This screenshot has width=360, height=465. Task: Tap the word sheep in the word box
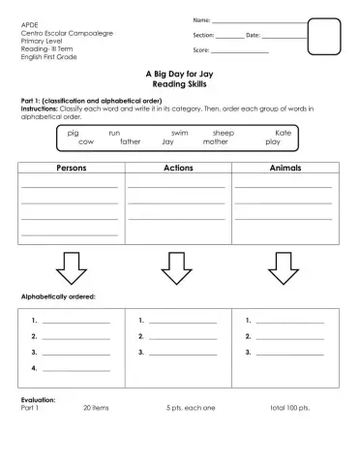point(224,133)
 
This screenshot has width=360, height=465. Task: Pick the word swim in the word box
point(179,133)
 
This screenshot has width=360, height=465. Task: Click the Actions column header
point(179,168)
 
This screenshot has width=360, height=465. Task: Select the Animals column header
point(285,168)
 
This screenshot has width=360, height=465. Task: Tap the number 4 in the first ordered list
point(34,369)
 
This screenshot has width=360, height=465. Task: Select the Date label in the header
point(254,35)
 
